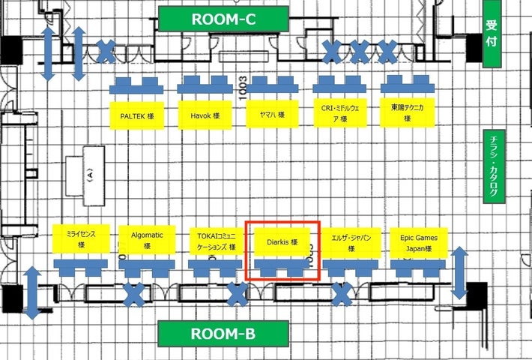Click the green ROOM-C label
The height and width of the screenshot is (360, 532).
(x=223, y=19)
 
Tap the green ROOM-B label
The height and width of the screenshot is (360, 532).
(x=223, y=334)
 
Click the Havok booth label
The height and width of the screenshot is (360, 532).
(x=204, y=115)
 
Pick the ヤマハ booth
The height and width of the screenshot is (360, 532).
(x=271, y=115)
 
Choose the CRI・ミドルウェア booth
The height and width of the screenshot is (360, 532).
(x=338, y=114)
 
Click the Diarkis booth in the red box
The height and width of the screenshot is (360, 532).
(x=282, y=241)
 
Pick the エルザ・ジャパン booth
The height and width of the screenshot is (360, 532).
(x=351, y=241)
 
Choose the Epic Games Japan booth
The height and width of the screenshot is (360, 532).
(x=418, y=241)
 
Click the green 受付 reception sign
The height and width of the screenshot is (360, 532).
(x=492, y=34)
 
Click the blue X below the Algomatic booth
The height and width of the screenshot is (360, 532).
(x=135, y=295)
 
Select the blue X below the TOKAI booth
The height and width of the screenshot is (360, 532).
(x=238, y=295)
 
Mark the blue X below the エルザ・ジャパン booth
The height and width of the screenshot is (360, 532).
(x=342, y=295)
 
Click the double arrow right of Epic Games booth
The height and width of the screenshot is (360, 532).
(x=459, y=273)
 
